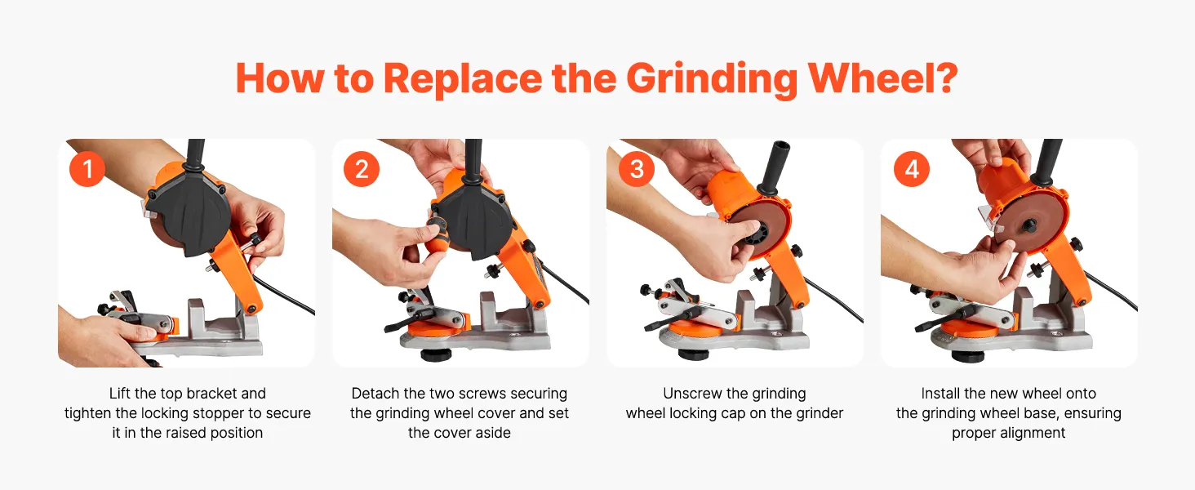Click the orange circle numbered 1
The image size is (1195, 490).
(87, 169)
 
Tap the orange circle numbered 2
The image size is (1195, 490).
(361, 169)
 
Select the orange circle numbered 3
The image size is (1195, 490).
(637, 169)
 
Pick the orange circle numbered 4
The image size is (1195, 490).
(911, 169)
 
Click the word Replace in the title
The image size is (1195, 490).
(463, 79)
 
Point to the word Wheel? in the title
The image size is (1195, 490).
(883, 78)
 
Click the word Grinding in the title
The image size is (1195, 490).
(712, 80)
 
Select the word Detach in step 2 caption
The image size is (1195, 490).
(375, 394)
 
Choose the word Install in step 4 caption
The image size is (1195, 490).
(941, 394)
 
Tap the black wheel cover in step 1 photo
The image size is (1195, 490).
(187, 210)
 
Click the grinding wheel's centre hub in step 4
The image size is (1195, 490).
(1028, 225)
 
